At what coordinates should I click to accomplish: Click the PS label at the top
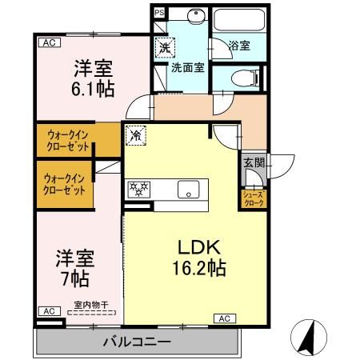(158, 13)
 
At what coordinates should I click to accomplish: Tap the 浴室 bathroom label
(238, 46)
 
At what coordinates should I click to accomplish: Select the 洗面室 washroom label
(187, 69)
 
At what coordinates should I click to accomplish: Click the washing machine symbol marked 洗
(165, 48)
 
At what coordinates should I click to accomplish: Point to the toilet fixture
(243, 78)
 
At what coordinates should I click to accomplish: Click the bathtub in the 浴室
(238, 22)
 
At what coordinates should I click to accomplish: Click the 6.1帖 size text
(92, 87)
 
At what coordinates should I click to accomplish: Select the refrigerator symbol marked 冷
(136, 136)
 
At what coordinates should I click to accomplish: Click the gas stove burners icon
(140, 190)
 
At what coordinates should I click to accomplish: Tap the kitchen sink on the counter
(189, 190)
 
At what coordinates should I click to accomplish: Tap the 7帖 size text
(74, 279)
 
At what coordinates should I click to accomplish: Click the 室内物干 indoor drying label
(91, 304)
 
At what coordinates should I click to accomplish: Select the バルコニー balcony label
(136, 342)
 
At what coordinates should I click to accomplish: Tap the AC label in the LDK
(223, 318)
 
